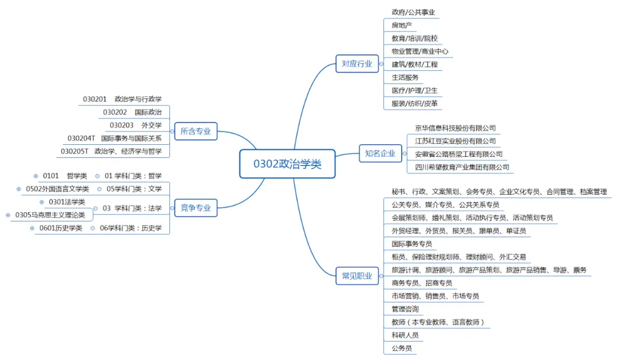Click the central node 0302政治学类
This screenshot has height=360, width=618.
(x=287, y=164)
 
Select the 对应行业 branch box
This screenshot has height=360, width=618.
(x=356, y=64)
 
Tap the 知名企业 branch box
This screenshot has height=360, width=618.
(x=380, y=153)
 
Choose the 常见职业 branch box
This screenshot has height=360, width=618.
(x=356, y=276)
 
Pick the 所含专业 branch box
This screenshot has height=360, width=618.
(x=196, y=131)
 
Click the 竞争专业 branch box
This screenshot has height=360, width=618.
(x=196, y=208)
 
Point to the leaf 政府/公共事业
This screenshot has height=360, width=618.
(x=417, y=12)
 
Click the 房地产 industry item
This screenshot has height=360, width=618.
(x=401, y=25)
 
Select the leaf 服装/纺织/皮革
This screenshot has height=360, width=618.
(x=414, y=104)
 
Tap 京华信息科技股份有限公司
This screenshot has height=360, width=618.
(x=455, y=128)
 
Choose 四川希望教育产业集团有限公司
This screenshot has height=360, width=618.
(x=462, y=168)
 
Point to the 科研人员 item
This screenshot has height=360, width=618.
(x=405, y=335)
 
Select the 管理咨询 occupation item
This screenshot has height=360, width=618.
(x=405, y=309)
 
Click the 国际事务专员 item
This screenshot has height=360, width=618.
(x=411, y=244)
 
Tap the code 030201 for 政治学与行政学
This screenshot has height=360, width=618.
(x=95, y=100)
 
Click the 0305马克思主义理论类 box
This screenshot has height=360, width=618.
(x=50, y=215)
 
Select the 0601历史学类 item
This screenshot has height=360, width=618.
(x=61, y=228)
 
